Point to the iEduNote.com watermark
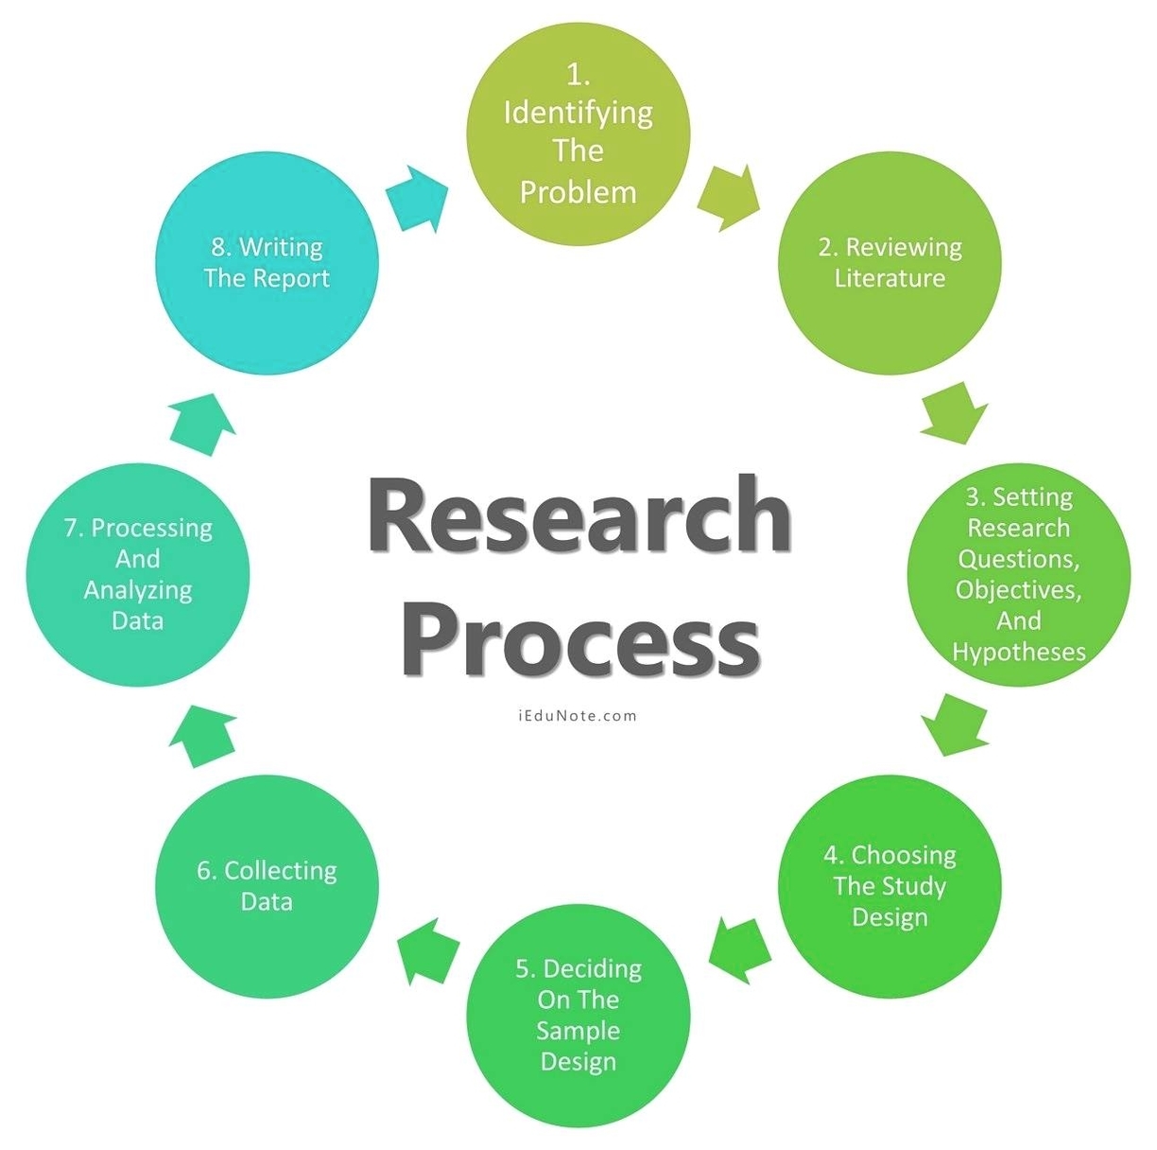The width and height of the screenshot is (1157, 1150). [578, 716]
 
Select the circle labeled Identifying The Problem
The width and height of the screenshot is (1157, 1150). [578, 132]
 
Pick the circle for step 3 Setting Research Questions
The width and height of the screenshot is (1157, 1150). [1018, 574]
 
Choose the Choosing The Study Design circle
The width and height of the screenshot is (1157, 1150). [889, 886]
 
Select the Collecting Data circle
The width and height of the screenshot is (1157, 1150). [267, 886]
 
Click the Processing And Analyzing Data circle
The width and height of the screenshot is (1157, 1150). [138, 574]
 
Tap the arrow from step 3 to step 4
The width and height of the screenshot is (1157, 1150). [955, 724]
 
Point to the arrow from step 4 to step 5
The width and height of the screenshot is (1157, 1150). [739, 949]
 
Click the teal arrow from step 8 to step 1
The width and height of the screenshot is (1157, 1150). [417, 197]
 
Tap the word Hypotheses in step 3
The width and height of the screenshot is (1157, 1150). [1018, 653]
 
